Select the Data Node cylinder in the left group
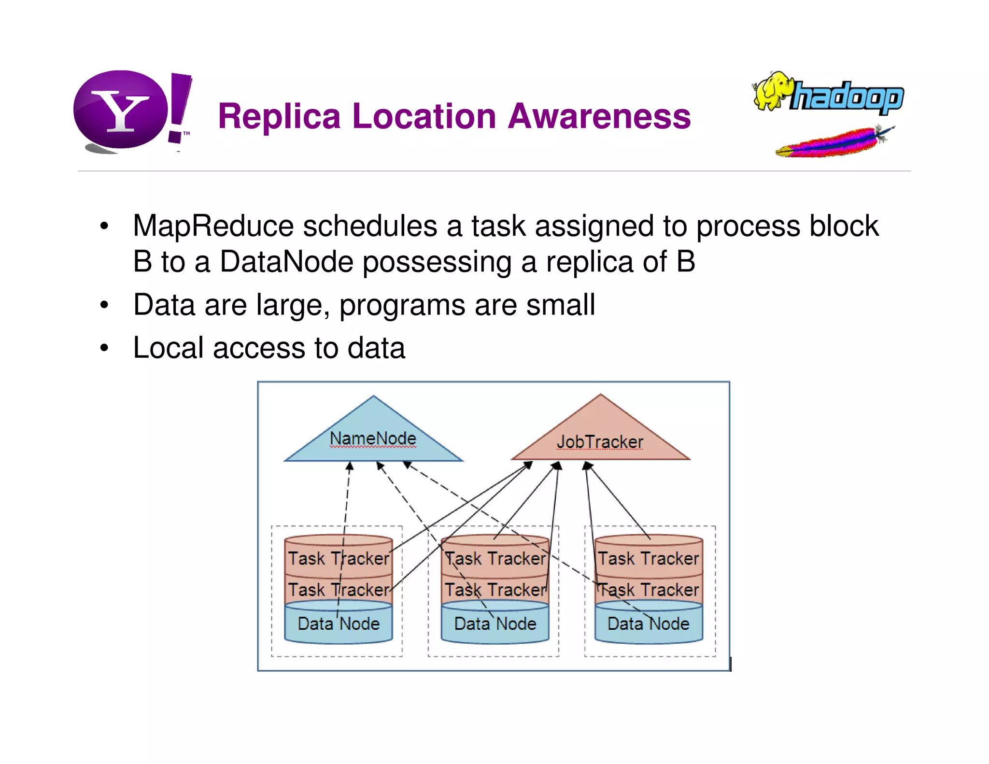338,624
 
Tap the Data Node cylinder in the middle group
495,624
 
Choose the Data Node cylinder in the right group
648,624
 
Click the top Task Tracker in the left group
338,558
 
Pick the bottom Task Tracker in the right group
648,590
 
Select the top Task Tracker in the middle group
495,558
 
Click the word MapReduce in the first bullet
213,226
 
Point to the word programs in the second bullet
402,306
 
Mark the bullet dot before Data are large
104,306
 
